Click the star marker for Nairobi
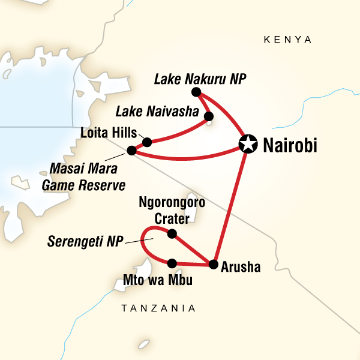[x=247, y=143]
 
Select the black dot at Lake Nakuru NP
[x=195, y=92]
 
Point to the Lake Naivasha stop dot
[x=208, y=116]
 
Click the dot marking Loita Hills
[x=147, y=142]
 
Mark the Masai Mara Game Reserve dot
[x=131, y=150]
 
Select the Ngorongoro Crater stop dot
[x=172, y=233]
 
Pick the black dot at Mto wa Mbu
[x=172, y=263]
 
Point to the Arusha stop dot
[x=212, y=263]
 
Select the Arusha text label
[x=241, y=268]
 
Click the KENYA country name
[x=287, y=40]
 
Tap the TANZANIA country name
[x=158, y=308]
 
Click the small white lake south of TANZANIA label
[x=143, y=344]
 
